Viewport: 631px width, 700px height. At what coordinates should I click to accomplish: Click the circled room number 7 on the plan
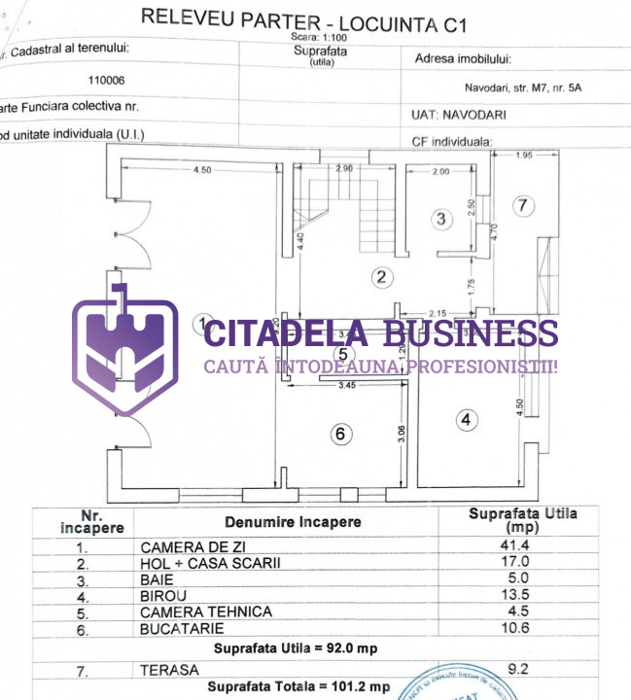[x=522, y=205]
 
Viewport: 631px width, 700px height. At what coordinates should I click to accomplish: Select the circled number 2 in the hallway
[x=382, y=277]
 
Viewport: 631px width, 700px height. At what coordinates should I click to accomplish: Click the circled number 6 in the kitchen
[x=339, y=434]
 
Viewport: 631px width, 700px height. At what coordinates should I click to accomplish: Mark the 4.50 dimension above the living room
[x=201, y=170]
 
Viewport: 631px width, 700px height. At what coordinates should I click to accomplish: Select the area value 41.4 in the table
[x=514, y=546]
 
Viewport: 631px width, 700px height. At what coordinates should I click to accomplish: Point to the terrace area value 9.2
[x=514, y=669]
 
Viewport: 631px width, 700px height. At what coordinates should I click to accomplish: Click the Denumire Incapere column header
[x=293, y=522]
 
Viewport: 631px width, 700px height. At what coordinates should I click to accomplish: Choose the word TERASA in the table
[x=168, y=670]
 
